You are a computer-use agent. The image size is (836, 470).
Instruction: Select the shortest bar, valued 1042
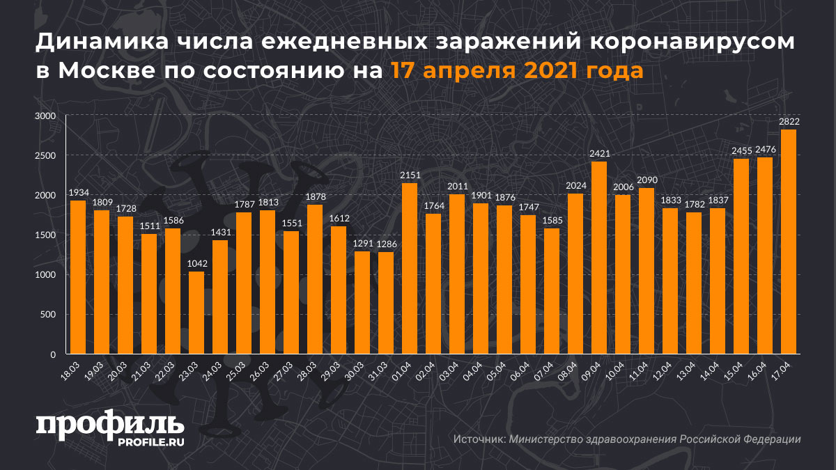pyautogui.click(x=196, y=313)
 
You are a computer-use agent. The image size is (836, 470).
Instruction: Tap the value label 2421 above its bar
pyautogui.click(x=599, y=153)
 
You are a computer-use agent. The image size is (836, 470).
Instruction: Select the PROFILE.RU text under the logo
pyautogui.click(x=150, y=441)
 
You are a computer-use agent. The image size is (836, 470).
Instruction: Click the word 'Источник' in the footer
pyautogui.click(x=479, y=439)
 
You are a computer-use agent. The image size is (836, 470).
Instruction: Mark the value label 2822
pyautogui.click(x=789, y=122)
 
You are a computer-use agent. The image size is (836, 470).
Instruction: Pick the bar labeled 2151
pyautogui.click(x=410, y=268)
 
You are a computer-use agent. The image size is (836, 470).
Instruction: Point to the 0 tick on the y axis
pyautogui.click(x=52, y=354)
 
